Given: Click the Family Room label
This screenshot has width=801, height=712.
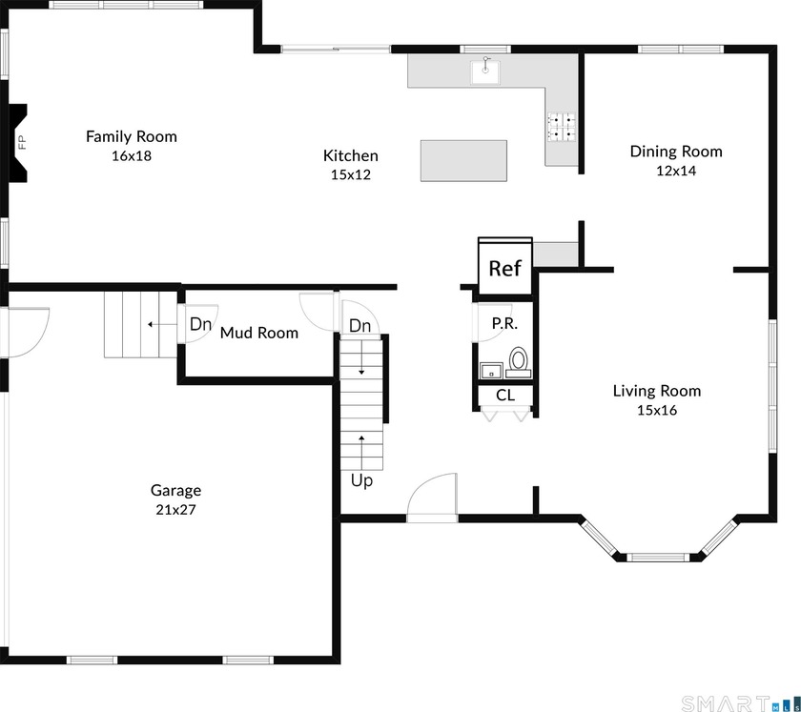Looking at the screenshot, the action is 132,136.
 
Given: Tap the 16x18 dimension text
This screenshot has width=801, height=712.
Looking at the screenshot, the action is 132,155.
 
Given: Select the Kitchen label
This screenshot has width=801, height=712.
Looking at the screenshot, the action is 351,155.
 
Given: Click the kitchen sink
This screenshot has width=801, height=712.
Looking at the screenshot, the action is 485,71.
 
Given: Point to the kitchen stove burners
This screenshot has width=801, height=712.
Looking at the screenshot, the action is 562,127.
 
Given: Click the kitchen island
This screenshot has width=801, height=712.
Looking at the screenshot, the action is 463,161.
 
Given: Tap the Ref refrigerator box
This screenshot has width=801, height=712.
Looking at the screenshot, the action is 505,267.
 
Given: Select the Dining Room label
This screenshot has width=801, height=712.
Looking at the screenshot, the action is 676,152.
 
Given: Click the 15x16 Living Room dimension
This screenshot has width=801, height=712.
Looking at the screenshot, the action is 657,410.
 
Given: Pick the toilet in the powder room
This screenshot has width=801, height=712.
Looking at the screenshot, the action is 519,361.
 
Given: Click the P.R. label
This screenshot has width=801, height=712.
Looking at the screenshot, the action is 504,323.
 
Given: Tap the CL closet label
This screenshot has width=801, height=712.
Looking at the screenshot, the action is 505,395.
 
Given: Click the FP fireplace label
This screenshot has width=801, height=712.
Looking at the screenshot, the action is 21,142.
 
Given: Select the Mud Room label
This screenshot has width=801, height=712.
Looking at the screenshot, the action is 259,333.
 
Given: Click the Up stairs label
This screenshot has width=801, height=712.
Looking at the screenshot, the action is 361,481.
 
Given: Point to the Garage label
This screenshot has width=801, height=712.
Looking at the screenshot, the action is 175,490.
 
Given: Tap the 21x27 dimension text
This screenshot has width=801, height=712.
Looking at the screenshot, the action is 175,510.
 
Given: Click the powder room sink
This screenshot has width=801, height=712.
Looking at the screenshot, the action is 491,371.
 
